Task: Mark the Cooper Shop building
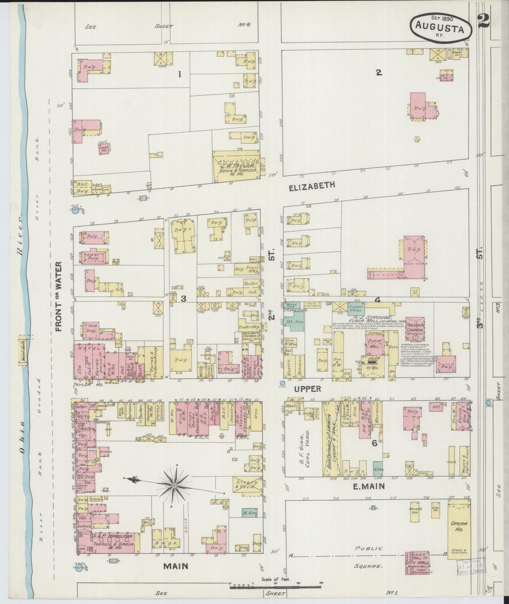pos(356,308)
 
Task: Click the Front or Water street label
pos(58,296)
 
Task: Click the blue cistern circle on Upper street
pos(282,383)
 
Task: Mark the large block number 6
pos(374,443)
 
